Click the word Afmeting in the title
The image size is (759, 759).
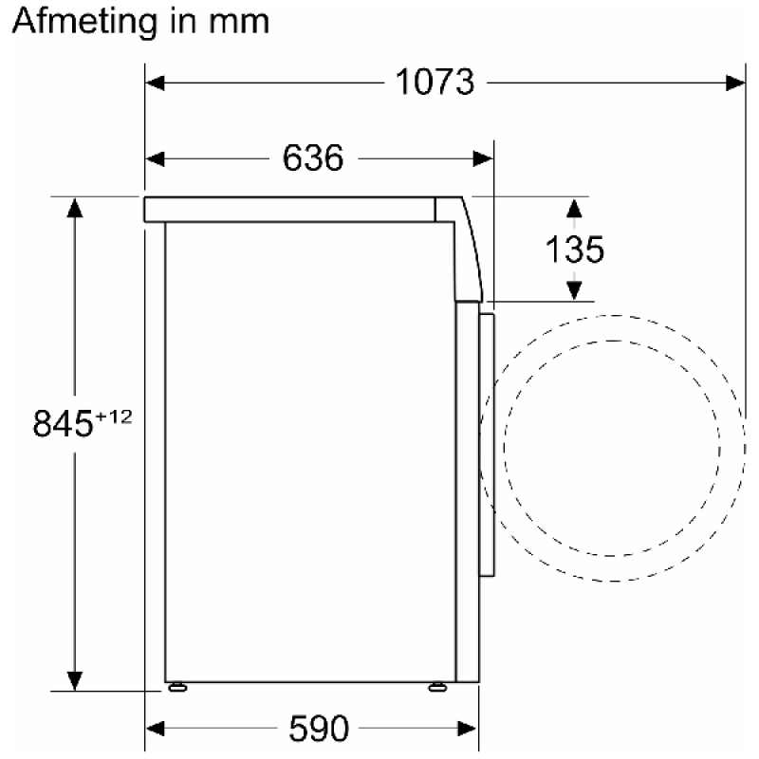84,22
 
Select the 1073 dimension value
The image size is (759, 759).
435,82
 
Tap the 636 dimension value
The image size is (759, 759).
313,157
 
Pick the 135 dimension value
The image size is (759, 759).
575,250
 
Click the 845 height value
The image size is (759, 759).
63,423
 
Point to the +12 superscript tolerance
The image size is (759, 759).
114,417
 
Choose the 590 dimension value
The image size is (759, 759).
319,728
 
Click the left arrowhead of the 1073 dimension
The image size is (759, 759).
155,83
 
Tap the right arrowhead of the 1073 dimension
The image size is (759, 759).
735,83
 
